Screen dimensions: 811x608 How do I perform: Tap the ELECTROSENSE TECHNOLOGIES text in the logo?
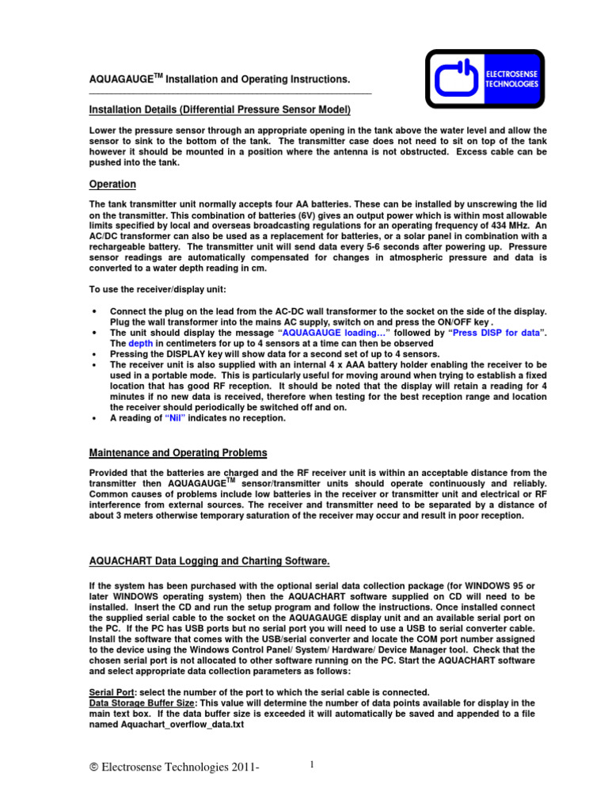(x=511, y=78)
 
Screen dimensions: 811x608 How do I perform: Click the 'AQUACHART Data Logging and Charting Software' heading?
(x=208, y=561)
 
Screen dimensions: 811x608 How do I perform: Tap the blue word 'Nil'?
(x=180, y=418)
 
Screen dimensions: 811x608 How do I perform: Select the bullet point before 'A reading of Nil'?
(x=95, y=418)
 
